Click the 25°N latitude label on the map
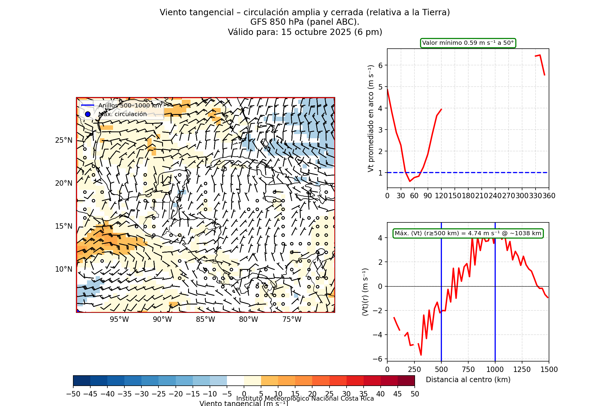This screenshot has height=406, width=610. (64, 140)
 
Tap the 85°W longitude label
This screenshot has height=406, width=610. (205, 319)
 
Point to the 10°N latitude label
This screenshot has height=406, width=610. (64, 269)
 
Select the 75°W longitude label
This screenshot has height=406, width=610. (292, 319)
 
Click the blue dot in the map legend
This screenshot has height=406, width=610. (88, 114)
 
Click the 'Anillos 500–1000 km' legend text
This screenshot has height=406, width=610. (130, 105)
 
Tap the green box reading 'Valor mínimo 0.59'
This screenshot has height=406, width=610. (468, 43)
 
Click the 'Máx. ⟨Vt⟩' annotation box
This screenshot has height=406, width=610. (468, 233)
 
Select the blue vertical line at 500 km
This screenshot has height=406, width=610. (441, 299)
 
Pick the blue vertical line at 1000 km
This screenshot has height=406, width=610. (495, 299)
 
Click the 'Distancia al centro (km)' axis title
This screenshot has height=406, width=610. (468, 380)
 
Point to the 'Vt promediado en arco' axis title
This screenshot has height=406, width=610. (371, 118)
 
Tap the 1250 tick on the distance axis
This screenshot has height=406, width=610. (522, 370)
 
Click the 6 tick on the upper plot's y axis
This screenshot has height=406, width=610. (380, 65)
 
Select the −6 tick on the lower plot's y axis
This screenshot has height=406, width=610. (378, 359)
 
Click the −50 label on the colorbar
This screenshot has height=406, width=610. (73, 394)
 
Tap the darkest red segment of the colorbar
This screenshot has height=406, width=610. (406, 381)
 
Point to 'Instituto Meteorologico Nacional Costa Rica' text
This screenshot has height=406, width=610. (305, 399)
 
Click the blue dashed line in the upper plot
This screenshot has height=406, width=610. (478, 173)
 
